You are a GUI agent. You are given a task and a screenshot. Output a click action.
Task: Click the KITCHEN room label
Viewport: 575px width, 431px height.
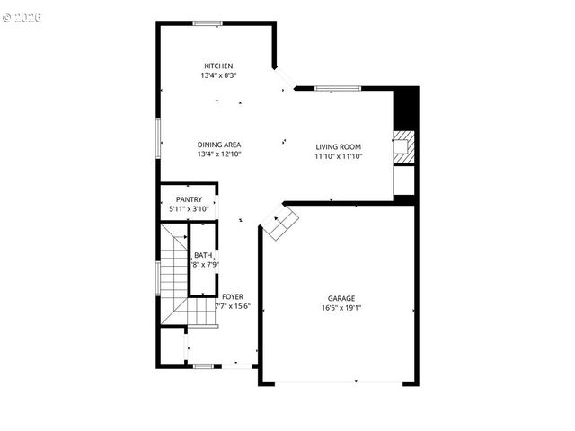pyautogui.click(x=218, y=66)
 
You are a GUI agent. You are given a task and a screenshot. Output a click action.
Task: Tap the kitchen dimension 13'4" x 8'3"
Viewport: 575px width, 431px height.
pyautogui.click(x=218, y=76)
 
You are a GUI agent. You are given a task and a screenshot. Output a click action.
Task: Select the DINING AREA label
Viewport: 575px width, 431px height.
pyautogui.click(x=219, y=145)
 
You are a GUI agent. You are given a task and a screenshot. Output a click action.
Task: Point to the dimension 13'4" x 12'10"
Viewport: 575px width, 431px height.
pyautogui.click(x=219, y=154)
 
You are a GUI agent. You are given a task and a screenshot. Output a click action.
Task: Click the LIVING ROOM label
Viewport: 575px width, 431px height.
pyautogui.click(x=338, y=146)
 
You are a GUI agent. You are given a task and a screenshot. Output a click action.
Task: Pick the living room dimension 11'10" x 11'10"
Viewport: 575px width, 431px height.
pyautogui.click(x=338, y=156)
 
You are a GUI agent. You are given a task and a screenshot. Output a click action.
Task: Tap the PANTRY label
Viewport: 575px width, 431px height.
pyautogui.click(x=189, y=199)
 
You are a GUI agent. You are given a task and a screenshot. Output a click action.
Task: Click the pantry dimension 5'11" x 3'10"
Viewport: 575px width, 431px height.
pyautogui.click(x=189, y=209)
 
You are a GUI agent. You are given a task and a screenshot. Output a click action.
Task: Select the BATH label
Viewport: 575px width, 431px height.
pyautogui.click(x=203, y=255)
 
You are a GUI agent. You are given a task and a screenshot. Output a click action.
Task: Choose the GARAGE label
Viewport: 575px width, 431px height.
pyautogui.click(x=341, y=298)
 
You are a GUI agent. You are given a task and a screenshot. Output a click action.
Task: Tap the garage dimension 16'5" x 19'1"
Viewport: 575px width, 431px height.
pyautogui.click(x=341, y=308)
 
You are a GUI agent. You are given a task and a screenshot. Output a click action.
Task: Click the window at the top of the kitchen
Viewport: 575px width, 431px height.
pyautogui.click(x=208, y=23)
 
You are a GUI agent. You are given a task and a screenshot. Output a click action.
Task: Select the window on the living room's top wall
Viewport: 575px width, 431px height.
pyautogui.click(x=337, y=88)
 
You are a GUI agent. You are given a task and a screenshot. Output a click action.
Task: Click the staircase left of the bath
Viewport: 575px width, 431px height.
pyautogui.click(x=172, y=278)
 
